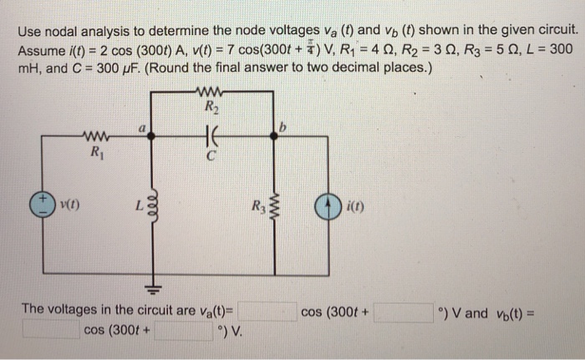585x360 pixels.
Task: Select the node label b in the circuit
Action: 282,127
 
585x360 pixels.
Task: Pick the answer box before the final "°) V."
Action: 181,331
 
